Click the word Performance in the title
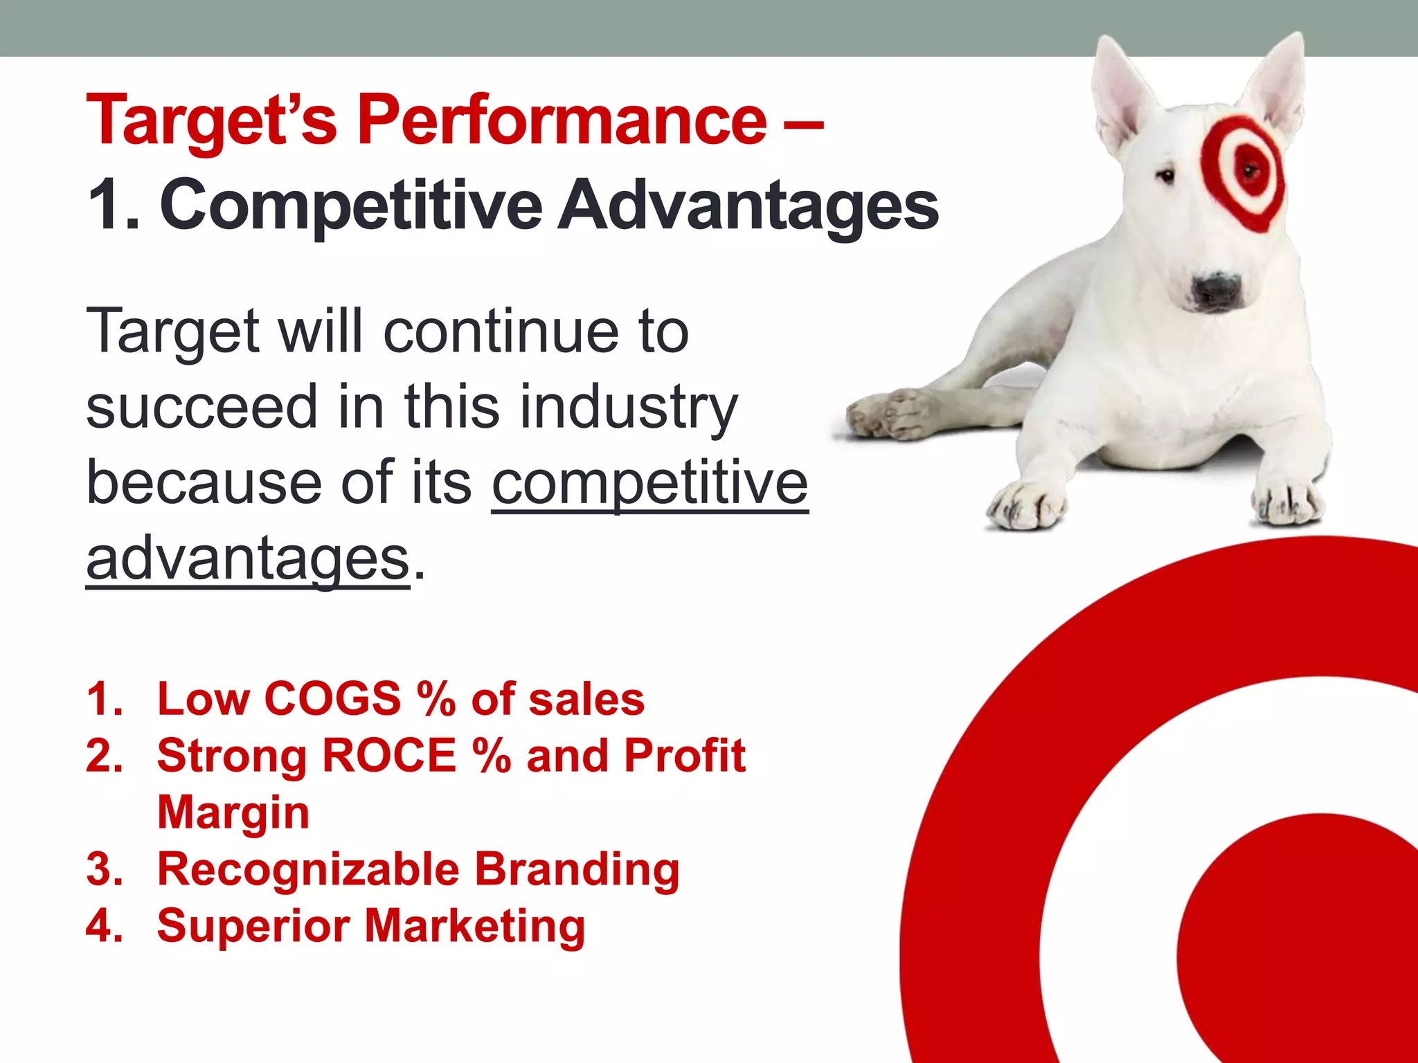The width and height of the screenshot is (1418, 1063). click(x=562, y=121)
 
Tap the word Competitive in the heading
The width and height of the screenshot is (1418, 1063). click(x=351, y=206)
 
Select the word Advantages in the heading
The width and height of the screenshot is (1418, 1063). click(x=748, y=206)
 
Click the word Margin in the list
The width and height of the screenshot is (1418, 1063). click(x=233, y=812)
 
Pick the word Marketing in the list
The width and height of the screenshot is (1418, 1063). click(x=475, y=926)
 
